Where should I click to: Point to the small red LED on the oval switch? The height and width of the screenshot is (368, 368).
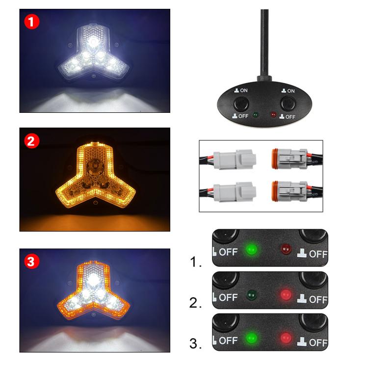[x=272, y=115]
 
